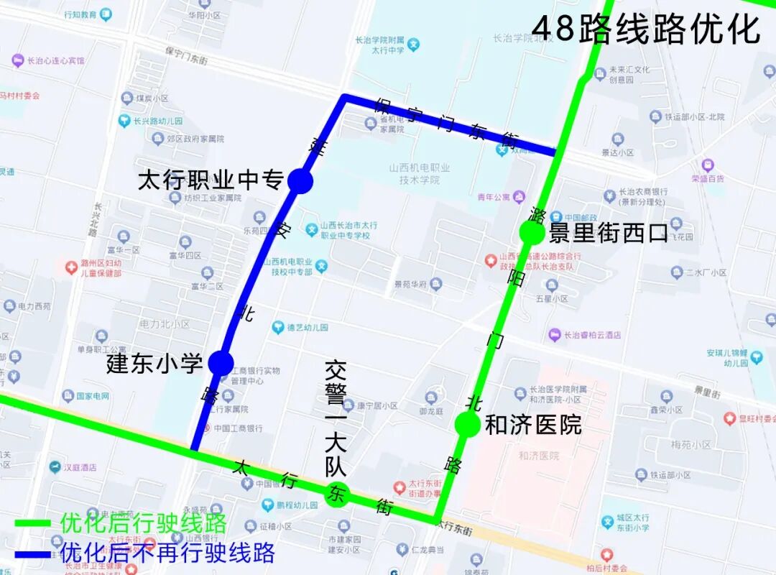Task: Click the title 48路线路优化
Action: point(645,30)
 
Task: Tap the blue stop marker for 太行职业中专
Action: point(300,181)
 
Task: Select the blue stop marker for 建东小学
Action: point(221,363)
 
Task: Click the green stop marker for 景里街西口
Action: point(532,232)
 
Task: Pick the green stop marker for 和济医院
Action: point(468,424)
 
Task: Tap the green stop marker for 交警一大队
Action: point(336,494)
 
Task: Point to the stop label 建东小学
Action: point(155,363)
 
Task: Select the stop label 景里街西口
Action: point(609,233)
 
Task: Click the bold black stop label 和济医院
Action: point(533,425)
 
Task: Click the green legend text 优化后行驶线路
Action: point(143,523)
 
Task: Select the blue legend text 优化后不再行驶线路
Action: point(167,553)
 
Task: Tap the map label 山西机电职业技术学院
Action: point(420,174)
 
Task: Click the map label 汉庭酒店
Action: point(79,467)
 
